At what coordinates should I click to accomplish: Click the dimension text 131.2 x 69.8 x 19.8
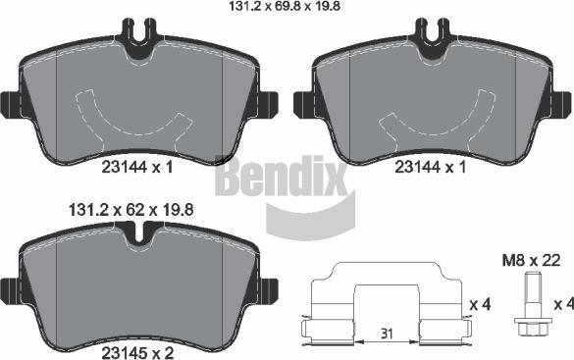coord(285,6)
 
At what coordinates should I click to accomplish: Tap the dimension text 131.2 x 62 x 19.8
coord(131,210)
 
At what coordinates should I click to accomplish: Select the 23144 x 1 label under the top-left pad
coord(137,168)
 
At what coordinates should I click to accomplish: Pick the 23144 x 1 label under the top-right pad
coord(431,168)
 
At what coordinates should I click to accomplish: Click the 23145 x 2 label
coord(137,353)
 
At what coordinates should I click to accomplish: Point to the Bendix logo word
coord(282,175)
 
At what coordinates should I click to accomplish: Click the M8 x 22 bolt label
coord(531,261)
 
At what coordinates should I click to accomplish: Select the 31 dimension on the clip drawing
coord(387,334)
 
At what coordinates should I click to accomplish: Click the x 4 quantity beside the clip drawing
coord(480,304)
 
